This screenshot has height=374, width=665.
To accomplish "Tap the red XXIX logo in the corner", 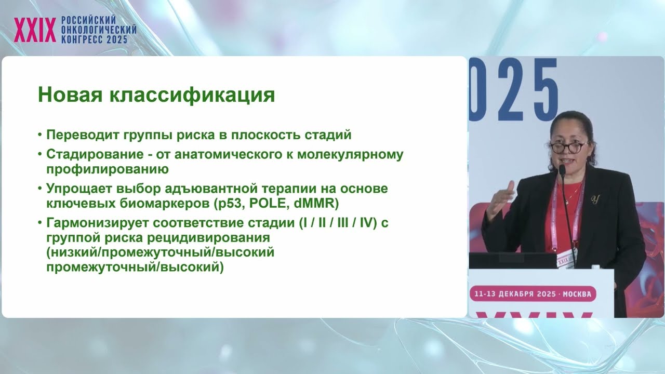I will click(x=35, y=30).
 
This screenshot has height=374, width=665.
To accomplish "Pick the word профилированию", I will click(x=107, y=169).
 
